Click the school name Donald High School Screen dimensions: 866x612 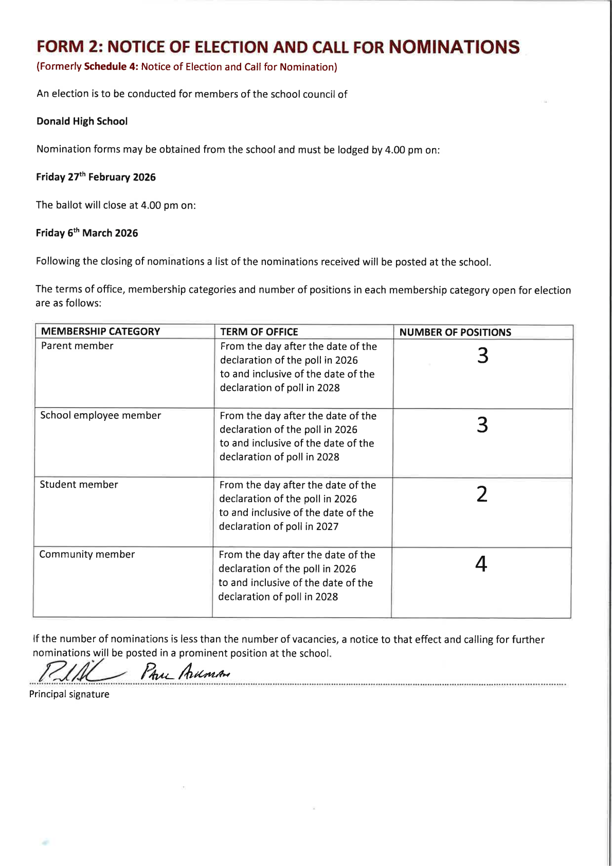pyautogui.click(x=82, y=121)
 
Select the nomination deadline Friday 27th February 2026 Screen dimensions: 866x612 pyautogui.click(x=96, y=177)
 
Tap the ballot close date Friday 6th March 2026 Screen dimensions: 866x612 pyautogui.click(x=87, y=233)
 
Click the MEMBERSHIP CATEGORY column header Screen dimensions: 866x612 pyautogui.click(x=100, y=331)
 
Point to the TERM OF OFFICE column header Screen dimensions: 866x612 pyautogui.click(x=259, y=332)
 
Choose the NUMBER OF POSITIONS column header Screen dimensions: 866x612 pyautogui.click(x=455, y=332)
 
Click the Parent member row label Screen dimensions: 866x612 pyautogui.click(x=77, y=346)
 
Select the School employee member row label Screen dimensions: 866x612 pyautogui.click(x=100, y=415)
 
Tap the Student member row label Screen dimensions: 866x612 pyautogui.click(x=79, y=485)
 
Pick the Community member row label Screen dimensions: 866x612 pyautogui.click(x=87, y=554)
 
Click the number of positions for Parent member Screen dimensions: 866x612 pyautogui.click(x=482, y=356)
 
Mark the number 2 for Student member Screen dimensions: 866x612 pyautogui.click(x=481, y=494)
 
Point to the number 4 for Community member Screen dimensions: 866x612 pyautogui.click(x=481, y=564)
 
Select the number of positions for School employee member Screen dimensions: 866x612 pyautogui.click(x=482, y=425)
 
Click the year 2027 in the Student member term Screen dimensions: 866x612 pyautogui.click(x=328, y=526)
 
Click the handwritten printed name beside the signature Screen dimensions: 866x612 pyautogui.click(x=185, y=672)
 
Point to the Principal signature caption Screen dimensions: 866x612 pyautogui.click(x=69, y=695)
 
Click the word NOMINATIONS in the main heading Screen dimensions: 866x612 pyautogui.click(x=454, y=47)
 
